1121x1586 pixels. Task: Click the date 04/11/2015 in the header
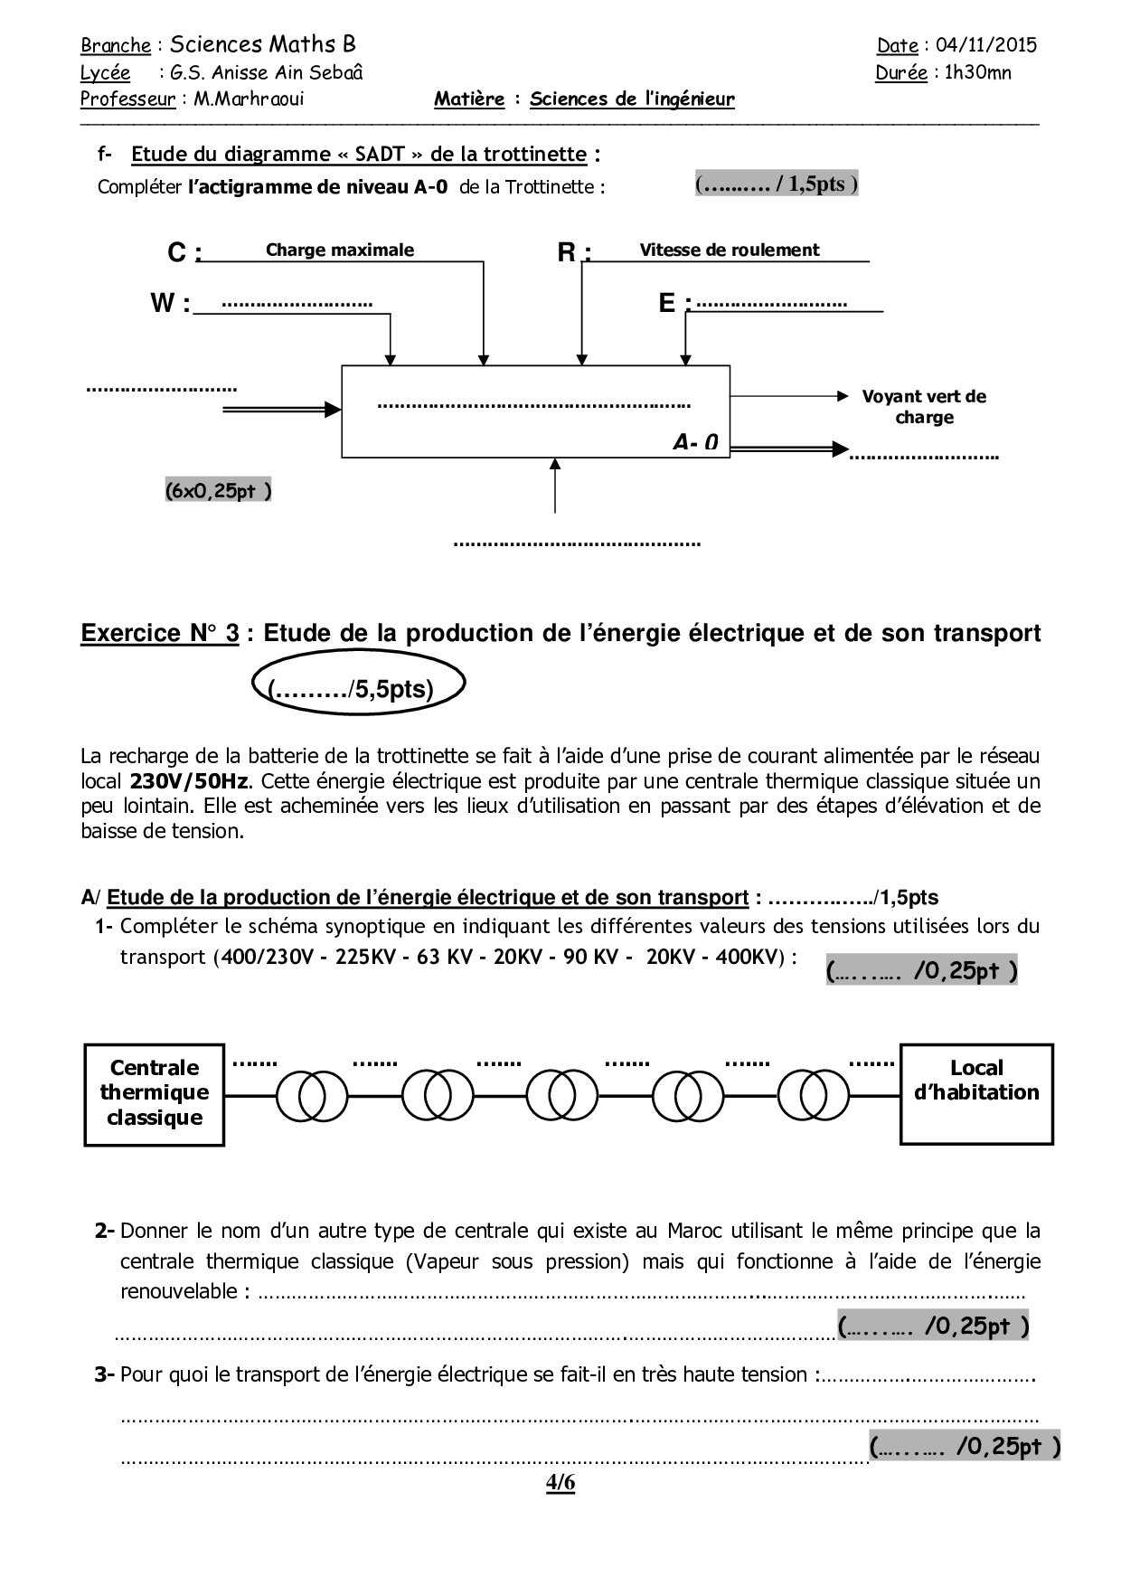986,45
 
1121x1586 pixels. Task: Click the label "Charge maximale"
340,250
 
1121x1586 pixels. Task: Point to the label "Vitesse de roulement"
730,250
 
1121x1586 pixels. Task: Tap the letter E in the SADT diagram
667,303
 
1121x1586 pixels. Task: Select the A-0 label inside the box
696,441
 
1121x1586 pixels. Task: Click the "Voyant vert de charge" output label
924,407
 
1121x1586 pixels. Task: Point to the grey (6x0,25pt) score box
218,490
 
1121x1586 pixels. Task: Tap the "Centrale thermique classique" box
154,1093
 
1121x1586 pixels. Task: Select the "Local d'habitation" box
976,1093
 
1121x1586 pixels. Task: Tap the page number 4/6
560,1483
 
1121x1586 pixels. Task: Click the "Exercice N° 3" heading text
160,633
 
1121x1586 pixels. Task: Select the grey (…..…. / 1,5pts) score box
777,184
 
